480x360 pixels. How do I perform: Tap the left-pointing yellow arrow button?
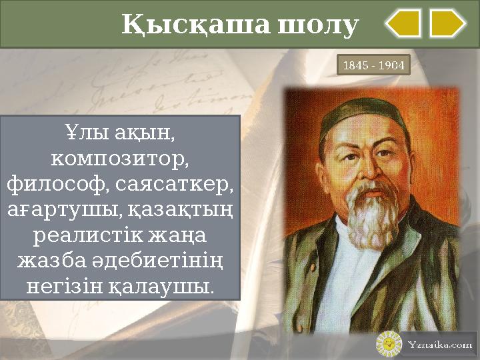tap(403, 23)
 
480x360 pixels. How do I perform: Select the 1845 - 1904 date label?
tap(373, 66)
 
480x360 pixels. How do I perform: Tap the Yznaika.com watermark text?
tap(439, 345)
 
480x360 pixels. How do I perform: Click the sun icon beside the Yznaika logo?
tap(389, 345)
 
